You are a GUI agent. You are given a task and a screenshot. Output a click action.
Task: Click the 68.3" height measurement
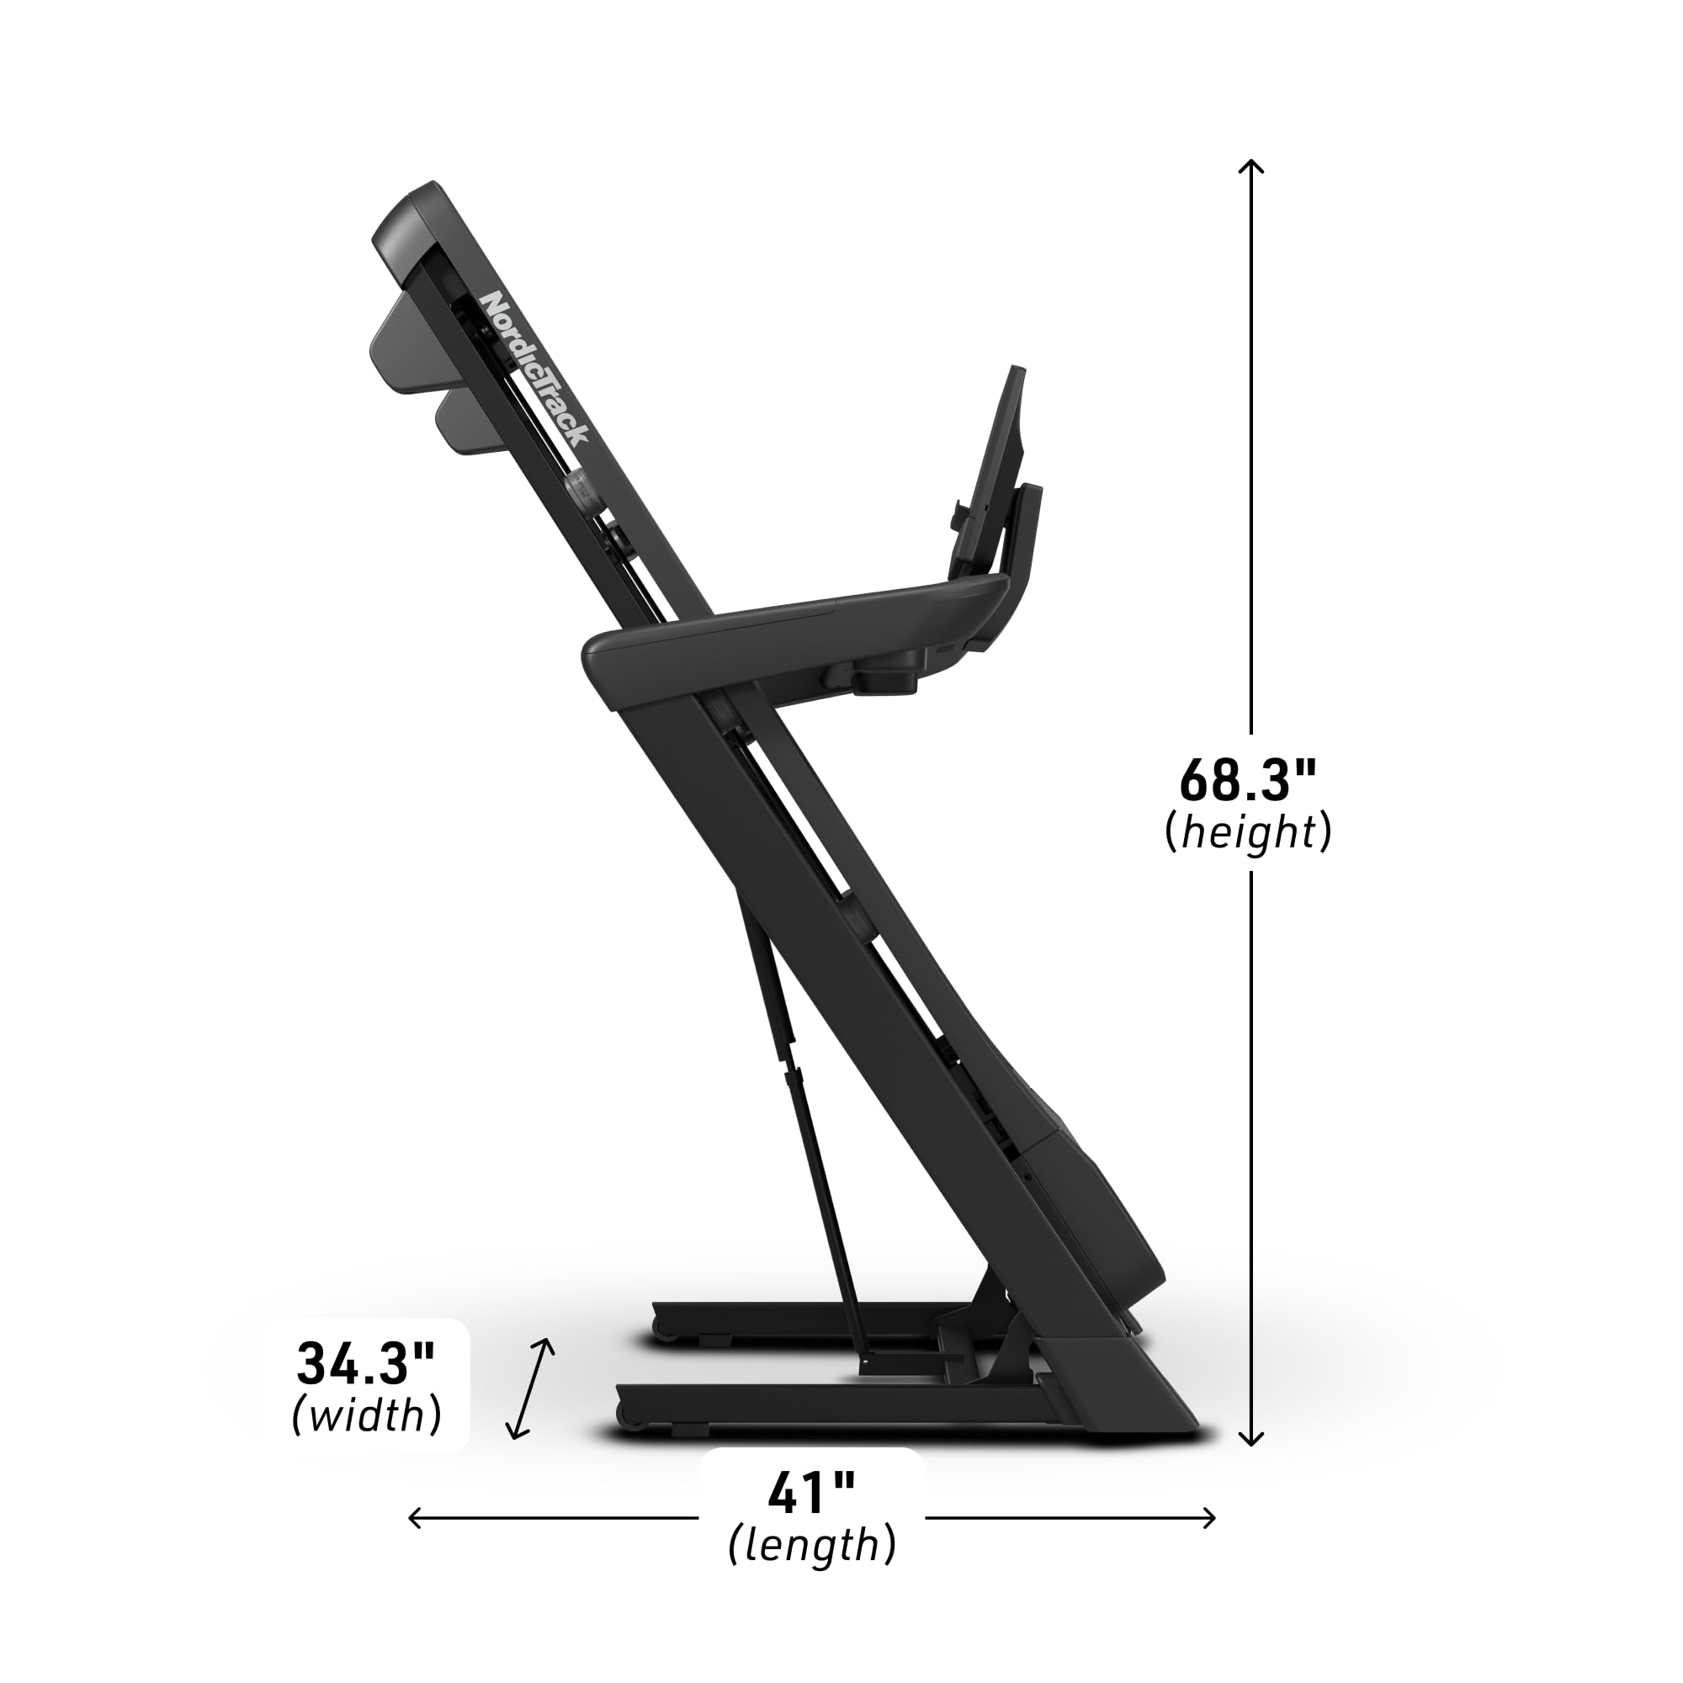tap(1246, 781)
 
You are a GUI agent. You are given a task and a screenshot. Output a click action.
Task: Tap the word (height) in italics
tap(1247, 833)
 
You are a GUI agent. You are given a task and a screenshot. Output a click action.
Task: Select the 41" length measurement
tap(811, 1492)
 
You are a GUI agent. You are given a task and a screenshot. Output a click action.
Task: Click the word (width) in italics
tap(366, 1415)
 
